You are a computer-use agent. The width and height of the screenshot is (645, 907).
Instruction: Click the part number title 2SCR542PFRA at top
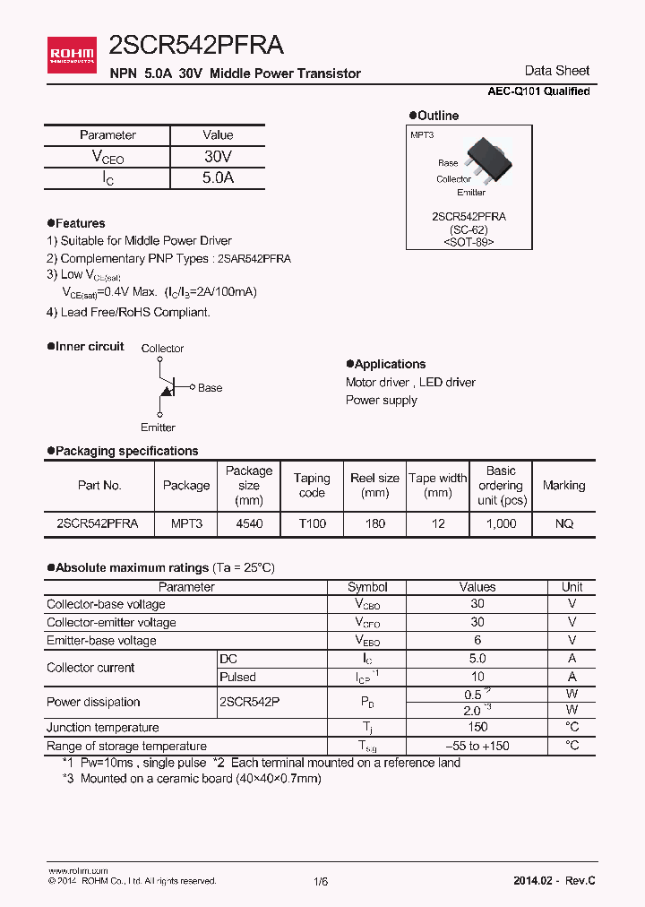[196, 47]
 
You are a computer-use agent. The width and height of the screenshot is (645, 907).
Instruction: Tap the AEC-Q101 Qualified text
[538, 91]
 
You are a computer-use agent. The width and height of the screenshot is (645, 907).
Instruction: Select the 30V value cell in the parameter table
[218, 156]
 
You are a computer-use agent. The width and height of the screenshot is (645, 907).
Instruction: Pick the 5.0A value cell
[218, 177]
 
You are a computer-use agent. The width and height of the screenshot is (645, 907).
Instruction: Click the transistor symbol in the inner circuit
[166, 387]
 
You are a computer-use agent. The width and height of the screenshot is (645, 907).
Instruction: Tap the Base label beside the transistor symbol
[210, 388]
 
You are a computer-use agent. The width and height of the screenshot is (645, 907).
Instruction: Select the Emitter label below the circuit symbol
[158, 428]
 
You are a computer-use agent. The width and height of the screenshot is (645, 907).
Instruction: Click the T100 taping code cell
[312, 523]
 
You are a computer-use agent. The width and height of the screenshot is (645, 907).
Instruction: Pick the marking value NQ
[563, 523]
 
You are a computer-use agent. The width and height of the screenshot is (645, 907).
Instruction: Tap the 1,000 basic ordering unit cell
[501, 523]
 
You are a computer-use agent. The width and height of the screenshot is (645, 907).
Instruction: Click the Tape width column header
[438, 485]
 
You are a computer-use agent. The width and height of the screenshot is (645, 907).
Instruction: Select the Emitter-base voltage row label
[101, 641]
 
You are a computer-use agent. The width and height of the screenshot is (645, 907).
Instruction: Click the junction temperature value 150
[477, 728]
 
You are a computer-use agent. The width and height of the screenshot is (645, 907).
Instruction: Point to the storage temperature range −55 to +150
[477, 746]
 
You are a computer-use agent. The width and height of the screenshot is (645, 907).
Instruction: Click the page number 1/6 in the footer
[321, 882]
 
